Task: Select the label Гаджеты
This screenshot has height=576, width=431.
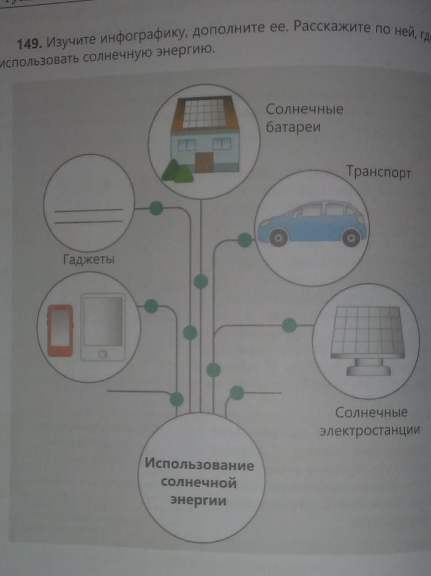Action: click(x=89, y=260)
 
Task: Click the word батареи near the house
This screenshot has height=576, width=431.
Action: click(x=293, y=128)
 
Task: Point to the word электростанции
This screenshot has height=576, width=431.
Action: click(x=369, y=430)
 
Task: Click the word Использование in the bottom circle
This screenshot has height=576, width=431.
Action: click(x=199, y=463)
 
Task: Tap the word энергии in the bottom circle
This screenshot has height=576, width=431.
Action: click(x=198, y=501)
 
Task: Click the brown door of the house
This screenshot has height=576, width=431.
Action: click(x=204, y=162)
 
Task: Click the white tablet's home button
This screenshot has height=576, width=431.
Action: click(x=102, y=354)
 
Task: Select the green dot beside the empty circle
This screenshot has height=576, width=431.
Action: click(x=157, y=208)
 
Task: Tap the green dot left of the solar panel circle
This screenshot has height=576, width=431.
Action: click(x=288, y=325)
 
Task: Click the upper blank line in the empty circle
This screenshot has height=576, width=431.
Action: click(x=88, y=211)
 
